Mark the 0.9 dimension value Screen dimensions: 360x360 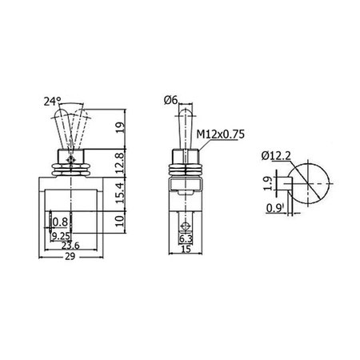point(274,210)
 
